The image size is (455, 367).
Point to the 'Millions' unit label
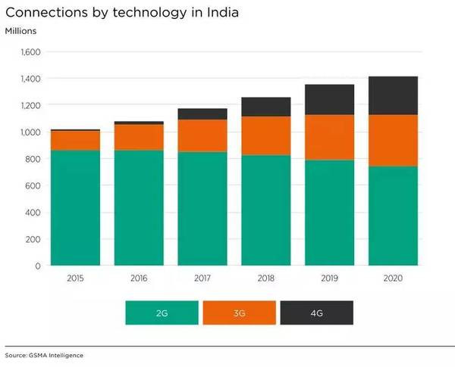20,30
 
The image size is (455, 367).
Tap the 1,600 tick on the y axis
30,52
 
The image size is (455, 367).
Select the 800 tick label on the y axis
33,159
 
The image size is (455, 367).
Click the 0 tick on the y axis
37,266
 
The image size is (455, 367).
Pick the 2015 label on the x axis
75,278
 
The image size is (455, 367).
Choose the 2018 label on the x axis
265,278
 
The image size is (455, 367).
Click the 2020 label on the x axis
393,278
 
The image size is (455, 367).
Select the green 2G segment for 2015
75,208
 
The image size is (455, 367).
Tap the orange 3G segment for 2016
139,137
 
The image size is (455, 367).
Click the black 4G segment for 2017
202,114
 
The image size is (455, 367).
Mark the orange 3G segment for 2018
265,135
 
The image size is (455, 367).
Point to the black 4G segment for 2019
329,99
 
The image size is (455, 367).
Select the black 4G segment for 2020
393,95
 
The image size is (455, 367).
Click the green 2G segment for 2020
393,216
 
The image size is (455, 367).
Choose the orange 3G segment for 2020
393,140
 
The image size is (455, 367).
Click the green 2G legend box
162,313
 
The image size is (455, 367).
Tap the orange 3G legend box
240,313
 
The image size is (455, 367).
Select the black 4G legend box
317,313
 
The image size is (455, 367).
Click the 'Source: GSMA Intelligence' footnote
44,355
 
